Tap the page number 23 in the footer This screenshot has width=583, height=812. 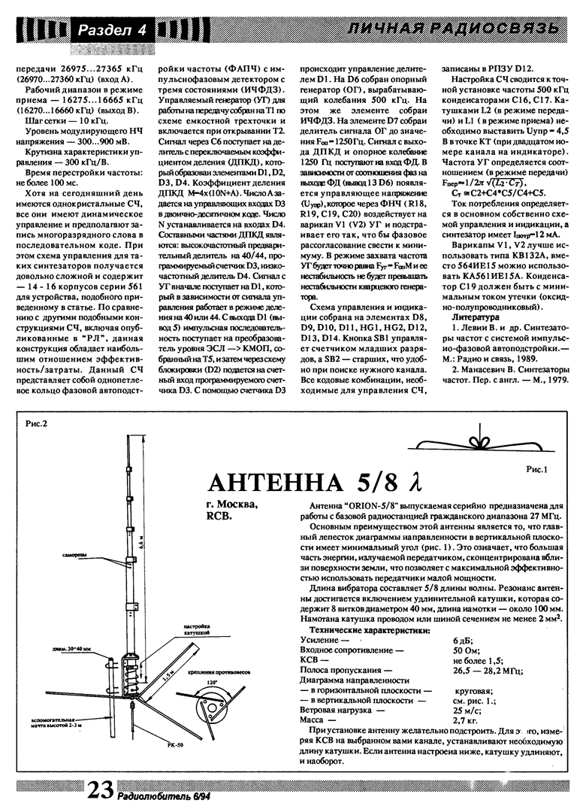[x=101, y=789]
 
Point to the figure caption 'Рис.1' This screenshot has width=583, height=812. [x=539, y=469]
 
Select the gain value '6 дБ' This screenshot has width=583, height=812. [x=463, y=639]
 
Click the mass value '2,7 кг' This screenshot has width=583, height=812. [x=466, y=720]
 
